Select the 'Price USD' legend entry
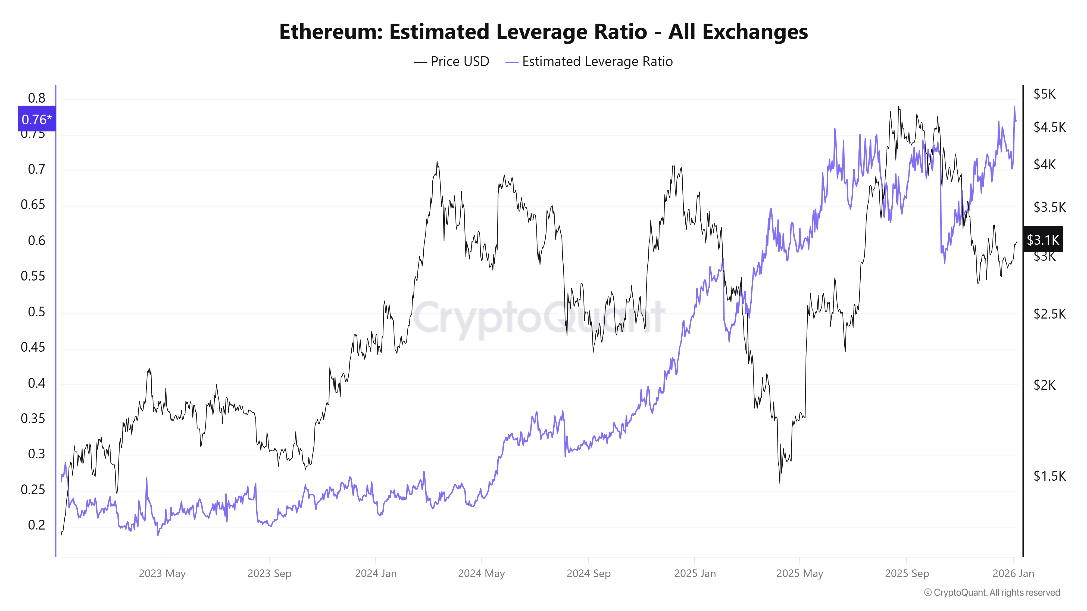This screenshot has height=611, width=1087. [459, 62]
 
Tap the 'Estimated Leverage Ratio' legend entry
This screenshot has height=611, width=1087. [597, 62]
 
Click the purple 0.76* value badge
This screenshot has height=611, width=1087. [37, 119]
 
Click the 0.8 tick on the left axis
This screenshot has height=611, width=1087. [36, 98]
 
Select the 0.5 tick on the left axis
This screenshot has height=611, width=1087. [36, 312]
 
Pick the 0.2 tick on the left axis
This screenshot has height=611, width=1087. [36, 525]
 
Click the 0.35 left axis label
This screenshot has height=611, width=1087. [33, 419]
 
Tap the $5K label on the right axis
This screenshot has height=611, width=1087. [1044, 94]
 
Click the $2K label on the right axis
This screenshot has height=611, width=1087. [1044, 385]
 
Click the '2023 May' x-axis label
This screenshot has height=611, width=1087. [162, 574]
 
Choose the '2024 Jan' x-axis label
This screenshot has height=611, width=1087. [376, 574]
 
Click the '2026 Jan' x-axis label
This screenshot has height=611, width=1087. [1013, 574]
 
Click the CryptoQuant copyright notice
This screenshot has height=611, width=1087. [992, 593]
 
